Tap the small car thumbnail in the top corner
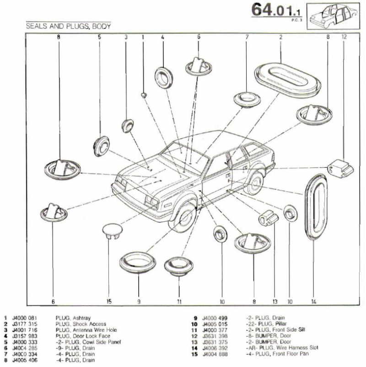coord(333,16)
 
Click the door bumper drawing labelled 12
coord(341,168)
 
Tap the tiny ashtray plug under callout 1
coord(144,95)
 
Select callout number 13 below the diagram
coord(275,302)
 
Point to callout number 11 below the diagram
coord(179,302)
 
